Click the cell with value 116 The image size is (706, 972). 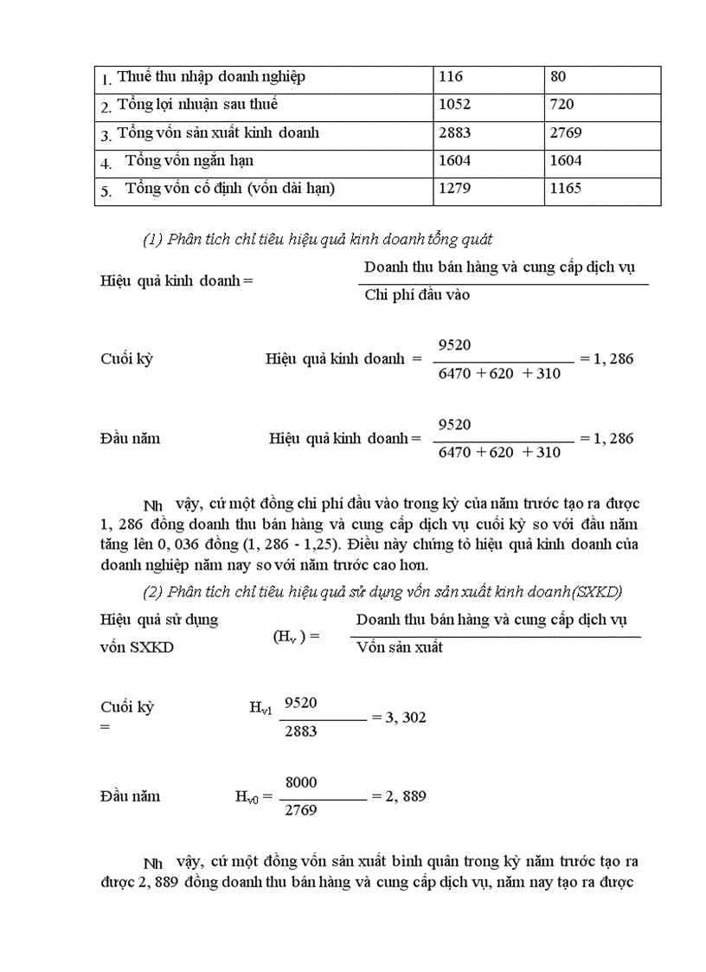452,77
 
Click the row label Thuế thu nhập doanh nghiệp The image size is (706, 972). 211,77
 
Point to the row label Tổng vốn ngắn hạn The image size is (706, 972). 189,160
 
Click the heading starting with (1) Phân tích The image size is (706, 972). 318,240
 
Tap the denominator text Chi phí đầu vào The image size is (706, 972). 417,295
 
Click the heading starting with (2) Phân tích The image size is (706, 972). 382,591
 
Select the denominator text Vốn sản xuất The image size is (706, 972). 400,647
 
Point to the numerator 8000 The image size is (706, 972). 300,782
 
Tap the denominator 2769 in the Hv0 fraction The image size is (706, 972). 300,811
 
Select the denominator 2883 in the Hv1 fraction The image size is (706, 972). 300,732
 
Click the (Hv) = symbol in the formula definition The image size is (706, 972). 296,636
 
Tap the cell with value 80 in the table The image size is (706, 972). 557,77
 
